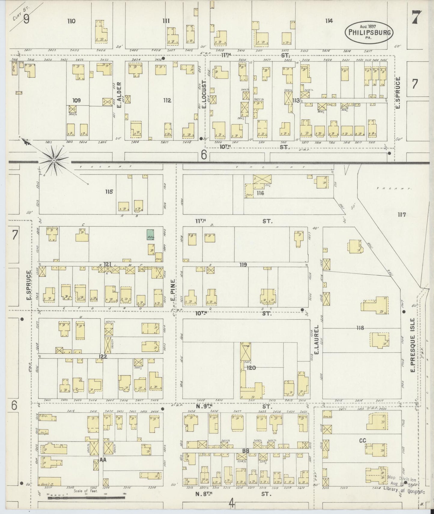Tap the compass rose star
[54, 161]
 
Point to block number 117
[402, 215]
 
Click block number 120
[251, 367]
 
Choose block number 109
[77, 100]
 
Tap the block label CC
[363, 441]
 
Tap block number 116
[260, 193]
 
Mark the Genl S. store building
[50, 481]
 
